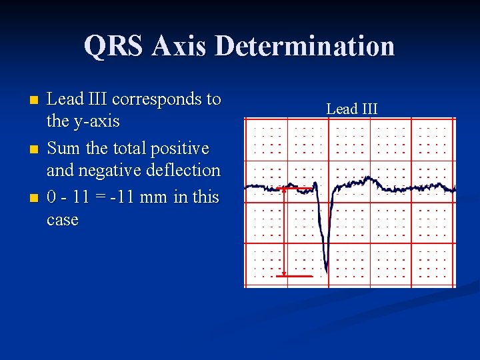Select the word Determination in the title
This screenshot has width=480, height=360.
point(305,47)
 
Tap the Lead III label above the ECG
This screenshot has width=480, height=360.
point(351,109)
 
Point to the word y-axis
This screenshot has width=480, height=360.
point(97,121)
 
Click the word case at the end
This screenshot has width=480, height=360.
point(63,220)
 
